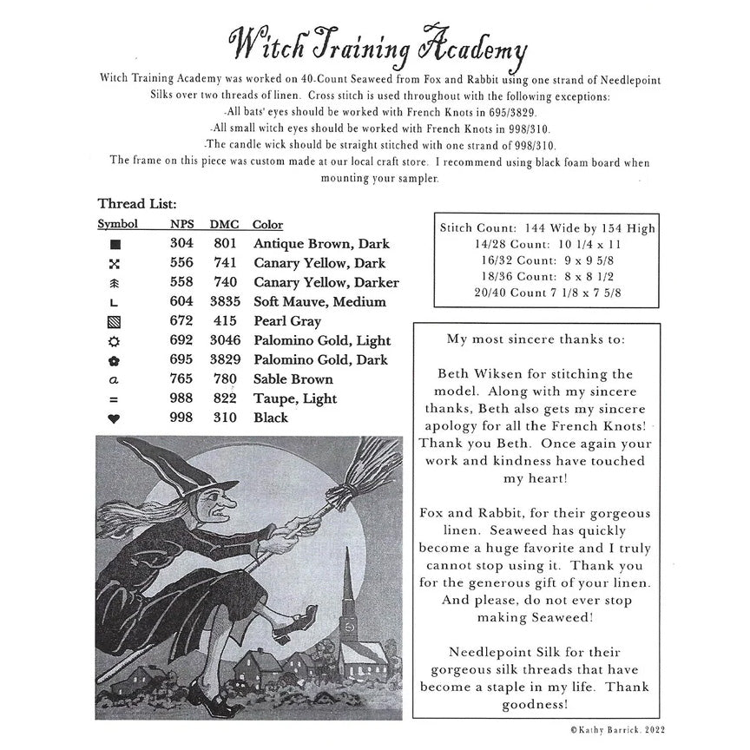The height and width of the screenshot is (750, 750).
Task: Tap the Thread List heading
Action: [137, 204]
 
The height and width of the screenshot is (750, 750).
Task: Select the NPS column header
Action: [181, 224]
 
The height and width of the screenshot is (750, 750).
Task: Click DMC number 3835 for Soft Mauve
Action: [224, 301]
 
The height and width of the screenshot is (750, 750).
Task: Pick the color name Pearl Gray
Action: [287, 321]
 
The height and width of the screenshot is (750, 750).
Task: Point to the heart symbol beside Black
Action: [114, 419]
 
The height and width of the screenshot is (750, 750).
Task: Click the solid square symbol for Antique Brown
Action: [114, 244]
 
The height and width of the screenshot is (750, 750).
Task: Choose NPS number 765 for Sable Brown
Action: [181, 379]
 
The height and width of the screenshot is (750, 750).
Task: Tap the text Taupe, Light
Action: [296, 398]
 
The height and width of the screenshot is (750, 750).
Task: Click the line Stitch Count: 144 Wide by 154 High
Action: [547, 228]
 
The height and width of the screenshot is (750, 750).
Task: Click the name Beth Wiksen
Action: [485, 374]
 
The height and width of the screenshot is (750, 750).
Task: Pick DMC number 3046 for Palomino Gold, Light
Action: [224, 340]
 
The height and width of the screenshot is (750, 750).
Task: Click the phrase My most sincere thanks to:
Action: [535, 339]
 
